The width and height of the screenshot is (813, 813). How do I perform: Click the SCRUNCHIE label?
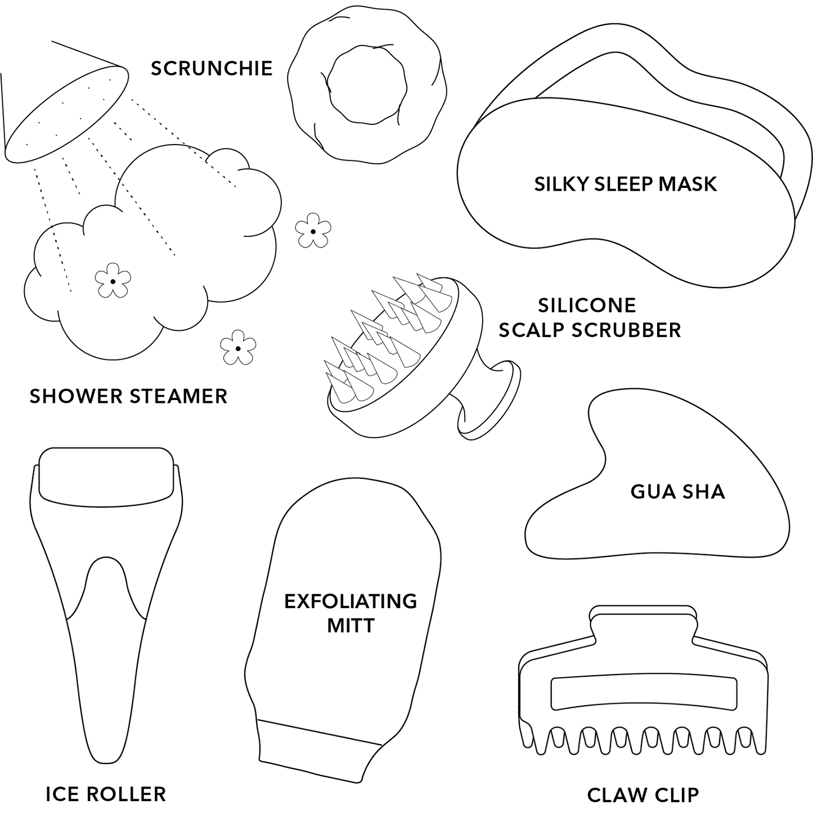pyautogui.click(x=212, y=69)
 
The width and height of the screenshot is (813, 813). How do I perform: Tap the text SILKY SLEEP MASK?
pyautogui.click(x=625, y=185)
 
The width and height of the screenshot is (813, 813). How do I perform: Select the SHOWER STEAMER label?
pyautogui.click(x=129, y=396)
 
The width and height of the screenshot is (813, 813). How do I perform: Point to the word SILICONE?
pyautogui.click(x=587, y=306)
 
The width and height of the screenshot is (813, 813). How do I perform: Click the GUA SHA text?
pyautogui.click(x=677, y=492)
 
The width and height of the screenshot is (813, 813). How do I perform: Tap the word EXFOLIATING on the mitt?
pyautogui.click(x=351, y=601)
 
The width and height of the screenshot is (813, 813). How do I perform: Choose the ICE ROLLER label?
pyautogui.click(x=105, y=794)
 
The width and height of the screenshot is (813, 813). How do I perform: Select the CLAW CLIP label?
pyautogui.click(x=643, y=795)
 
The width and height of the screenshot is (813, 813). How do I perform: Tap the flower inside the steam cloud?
pyautogui.click(x=113, y=281)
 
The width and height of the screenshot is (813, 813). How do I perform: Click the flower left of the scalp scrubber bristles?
pyautogui.click(x=313, y=231)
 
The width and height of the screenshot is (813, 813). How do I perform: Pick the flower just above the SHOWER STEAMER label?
pyautogui.click(x=238, y=348)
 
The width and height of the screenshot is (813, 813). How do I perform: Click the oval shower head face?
pyautogui.click(x=66, y=114)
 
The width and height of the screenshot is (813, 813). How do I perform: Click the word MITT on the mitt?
pyautogui.click(x=351, y=626)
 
